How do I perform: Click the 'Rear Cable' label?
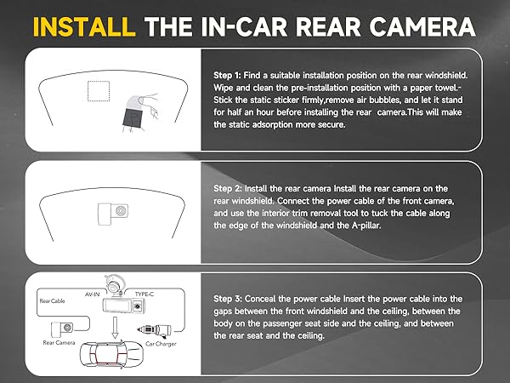tap(53, 300)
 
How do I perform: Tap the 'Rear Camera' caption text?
tap(60, 343)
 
